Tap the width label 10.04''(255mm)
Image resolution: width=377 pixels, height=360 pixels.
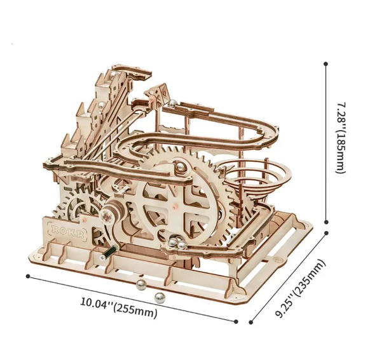point(119,307)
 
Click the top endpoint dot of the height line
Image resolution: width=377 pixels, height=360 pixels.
point(326,64)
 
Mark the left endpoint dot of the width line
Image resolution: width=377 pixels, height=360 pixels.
point(28,276)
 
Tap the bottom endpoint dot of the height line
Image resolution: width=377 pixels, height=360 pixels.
point(326,222)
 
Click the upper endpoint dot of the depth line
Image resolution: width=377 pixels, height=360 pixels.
point(327,233)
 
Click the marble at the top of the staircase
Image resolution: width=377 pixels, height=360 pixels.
point(114,74)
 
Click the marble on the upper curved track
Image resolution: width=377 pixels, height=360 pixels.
point(172,103)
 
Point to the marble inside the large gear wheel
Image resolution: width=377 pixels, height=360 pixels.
point(180,168)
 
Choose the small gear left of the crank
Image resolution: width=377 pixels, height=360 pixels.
point(76,206)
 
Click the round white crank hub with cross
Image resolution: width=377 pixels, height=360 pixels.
point(106,216)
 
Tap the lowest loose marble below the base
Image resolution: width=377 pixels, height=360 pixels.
point(159,298)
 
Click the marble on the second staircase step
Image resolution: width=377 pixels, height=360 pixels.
point(102,105)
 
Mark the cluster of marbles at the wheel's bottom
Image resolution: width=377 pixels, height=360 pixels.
point(177,243)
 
